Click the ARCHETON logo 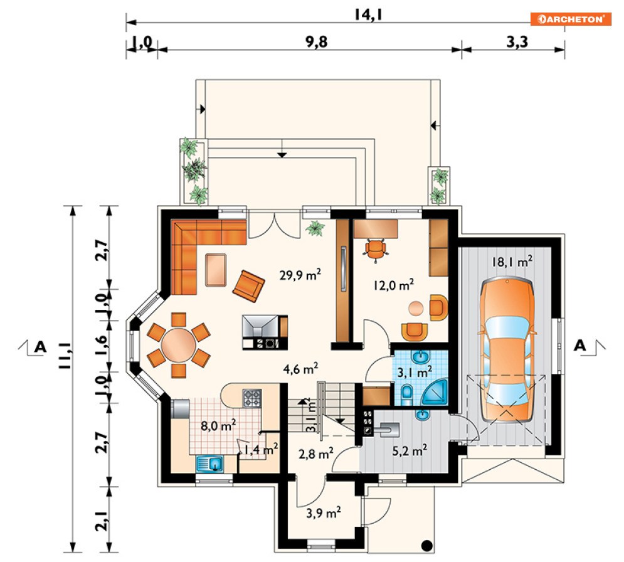571,19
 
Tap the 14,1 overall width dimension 368,14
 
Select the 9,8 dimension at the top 316,41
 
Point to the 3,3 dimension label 517,41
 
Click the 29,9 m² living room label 300,275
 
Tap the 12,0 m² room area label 393,285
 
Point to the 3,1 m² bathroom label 415,372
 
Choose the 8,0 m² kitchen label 218,425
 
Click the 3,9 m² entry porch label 323,512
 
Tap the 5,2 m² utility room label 410,450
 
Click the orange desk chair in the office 375,250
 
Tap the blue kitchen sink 209,464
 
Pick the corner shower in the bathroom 435,392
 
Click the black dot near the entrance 426,545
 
